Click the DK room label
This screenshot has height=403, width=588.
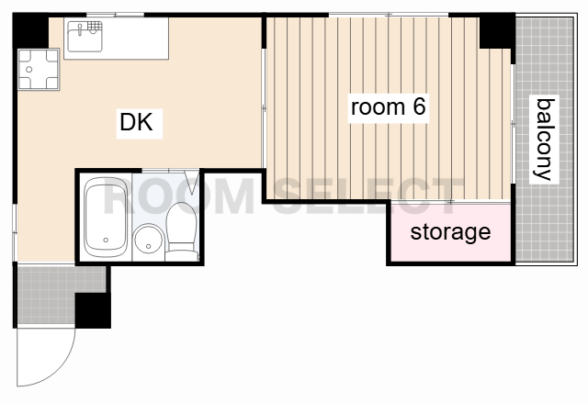[x=136, y=122]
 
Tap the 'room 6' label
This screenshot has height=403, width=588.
[x=388, y=106]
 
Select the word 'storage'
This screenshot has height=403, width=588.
[x=450, y=232]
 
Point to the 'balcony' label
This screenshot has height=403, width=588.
[x=544, y=140]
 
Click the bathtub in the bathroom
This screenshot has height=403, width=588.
[x=106, y=218]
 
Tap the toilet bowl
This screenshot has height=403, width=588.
[x=182, y=222]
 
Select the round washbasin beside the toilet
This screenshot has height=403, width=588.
[x=149, y=239]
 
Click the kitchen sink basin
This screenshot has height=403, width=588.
[x=85, y=38]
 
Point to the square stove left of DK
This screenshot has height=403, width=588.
[x=39, y=69]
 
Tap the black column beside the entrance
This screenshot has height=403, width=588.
[x=93, y=310]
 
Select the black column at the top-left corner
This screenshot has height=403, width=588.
[x=30, y=30]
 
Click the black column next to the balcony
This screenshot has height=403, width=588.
[x=497, y=30]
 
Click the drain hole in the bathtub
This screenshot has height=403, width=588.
[x=106, y=241]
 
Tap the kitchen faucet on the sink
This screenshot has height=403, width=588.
[x=80, y=29]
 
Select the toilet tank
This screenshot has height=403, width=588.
[x=182, y=256]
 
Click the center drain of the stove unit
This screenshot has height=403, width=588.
[x=28, y=69]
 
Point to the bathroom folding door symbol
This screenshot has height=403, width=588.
[x=192, y=183]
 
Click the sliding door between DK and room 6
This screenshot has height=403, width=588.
[x=264, y=108]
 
